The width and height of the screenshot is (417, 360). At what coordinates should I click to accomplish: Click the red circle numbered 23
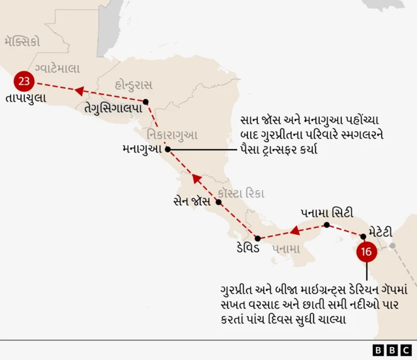pos(24,81)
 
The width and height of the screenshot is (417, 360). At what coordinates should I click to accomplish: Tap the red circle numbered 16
pos(366,252)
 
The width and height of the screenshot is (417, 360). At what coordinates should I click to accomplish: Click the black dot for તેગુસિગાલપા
pos(146,101)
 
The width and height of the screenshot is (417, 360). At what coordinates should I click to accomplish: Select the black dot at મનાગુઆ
pos(167,149)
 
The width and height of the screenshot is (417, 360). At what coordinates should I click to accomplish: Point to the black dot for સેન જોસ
pos(219,202)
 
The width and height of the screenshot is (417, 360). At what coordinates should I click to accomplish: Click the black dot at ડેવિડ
pos(257,238)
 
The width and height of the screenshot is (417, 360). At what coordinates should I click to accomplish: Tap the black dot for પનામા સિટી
pos(326,225)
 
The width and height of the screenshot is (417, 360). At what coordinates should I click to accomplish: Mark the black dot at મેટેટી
pos(363,235)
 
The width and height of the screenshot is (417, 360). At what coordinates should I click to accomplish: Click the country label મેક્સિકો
pos(22,42)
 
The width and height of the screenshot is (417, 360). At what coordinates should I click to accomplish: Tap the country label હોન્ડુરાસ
pos(133,85)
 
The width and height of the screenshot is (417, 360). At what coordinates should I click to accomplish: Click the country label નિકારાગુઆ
pos(173,135)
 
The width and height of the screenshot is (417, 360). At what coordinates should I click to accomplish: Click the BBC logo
pos(394,350)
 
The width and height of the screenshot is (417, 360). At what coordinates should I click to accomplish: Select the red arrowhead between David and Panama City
pos(294,230)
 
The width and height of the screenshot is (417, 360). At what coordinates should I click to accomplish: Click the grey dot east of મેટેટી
pos(392,245)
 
